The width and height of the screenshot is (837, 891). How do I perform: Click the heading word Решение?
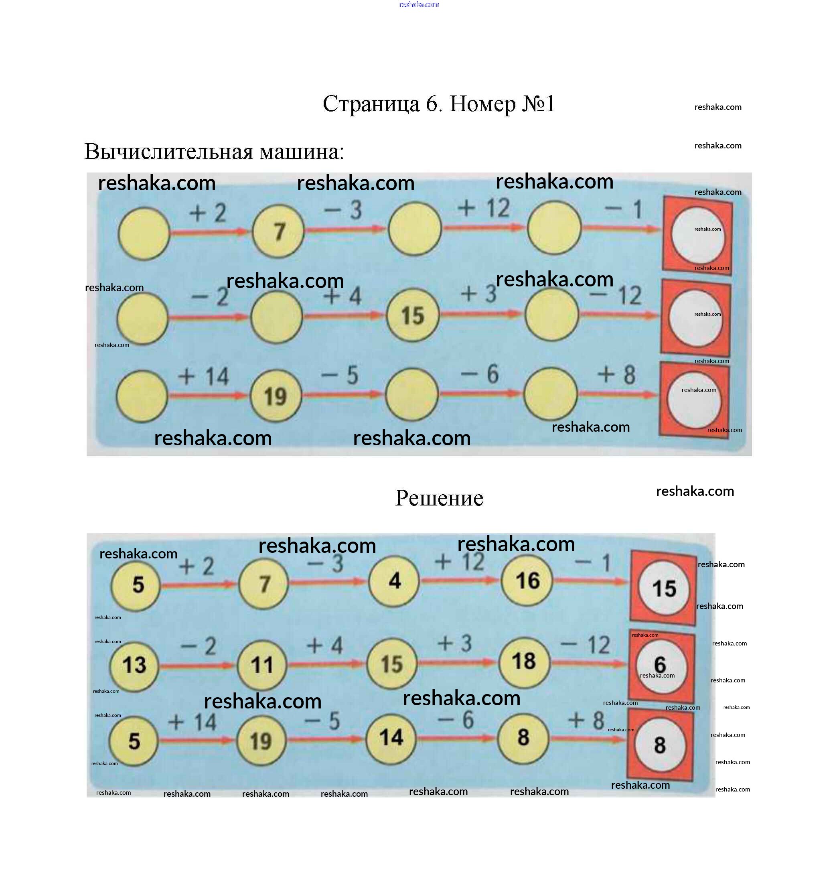pos(439,498)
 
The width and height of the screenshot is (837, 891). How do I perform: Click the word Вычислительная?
pos(168,152)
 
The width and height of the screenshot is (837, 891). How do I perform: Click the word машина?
pos(302,152)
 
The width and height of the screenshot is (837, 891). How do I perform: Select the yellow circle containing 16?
pos(527,581)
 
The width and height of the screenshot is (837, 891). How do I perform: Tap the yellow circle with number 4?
pos(394,581)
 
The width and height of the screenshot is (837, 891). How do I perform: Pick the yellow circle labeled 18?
pos(523,662)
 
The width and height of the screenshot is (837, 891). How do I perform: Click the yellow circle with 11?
pos(261,665)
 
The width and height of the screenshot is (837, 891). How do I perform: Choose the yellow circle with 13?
pos(134,665)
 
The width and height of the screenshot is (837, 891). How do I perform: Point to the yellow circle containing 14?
pos(391,738)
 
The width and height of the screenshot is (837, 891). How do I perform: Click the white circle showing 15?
pos(664,589)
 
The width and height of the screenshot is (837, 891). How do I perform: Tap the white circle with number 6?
pos(661,666)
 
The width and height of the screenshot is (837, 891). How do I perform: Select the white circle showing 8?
pos(660,745)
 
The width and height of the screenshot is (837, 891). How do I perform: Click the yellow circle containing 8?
pos(523,738)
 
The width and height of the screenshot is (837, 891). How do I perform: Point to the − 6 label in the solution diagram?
pos(455,720)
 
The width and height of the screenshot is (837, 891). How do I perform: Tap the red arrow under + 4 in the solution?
pos(326,664)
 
